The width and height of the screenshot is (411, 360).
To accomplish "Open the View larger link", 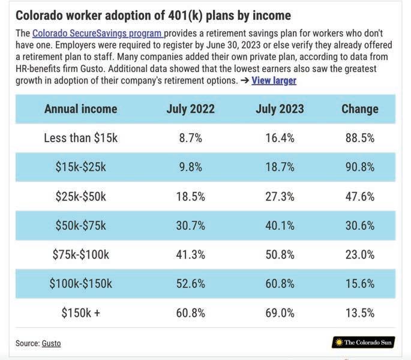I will [274, 80].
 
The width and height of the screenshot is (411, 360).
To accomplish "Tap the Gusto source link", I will [51, 343].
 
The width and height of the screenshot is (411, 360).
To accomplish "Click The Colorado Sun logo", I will [363, 343].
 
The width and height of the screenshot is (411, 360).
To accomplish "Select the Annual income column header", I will [81, 109].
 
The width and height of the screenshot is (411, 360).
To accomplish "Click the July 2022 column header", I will [190, 109].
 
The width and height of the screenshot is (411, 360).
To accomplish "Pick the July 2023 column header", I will [280, 109].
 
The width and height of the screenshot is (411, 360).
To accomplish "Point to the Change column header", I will [360, 109].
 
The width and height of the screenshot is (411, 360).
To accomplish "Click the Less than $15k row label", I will [81, 138].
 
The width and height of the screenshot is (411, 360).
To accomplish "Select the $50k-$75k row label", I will [81, 226].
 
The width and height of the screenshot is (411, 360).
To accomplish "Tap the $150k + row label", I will [81, 313].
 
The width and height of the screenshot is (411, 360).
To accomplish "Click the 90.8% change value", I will [360, 167].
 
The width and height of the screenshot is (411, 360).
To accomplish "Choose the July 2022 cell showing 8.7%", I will [190, 138].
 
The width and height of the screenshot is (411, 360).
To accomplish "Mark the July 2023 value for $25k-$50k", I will [280, 196].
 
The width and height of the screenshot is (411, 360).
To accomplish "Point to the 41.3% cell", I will [190, 254].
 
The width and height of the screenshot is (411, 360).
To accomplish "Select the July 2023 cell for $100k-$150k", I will [280, 284].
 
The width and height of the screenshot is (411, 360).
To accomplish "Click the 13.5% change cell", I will [360, 313].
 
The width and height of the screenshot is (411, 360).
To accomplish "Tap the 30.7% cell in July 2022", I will [190, 226].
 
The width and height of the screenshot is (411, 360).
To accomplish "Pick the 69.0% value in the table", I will [280, 313].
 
